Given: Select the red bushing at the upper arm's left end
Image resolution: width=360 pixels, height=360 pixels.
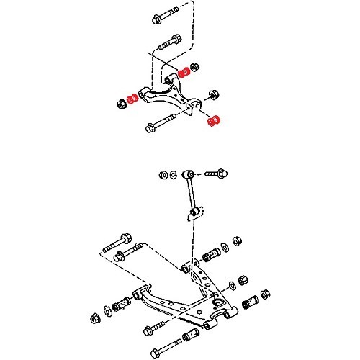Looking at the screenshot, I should coord(132,98).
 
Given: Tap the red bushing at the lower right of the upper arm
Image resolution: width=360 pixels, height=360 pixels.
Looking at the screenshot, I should coord(213,122).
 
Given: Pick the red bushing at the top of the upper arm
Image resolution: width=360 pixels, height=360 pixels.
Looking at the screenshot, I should coord(183,71).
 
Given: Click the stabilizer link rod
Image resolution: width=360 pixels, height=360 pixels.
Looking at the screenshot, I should coord(192,194).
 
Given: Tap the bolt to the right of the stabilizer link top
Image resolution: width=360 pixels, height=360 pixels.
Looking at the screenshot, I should coord(215,174).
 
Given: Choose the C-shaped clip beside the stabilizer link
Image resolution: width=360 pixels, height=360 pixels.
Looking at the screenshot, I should coord(173,175).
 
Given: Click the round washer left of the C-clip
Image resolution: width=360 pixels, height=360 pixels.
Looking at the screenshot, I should coord(163,175).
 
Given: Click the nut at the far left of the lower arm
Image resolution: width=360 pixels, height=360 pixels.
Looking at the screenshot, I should coord(95,317).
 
